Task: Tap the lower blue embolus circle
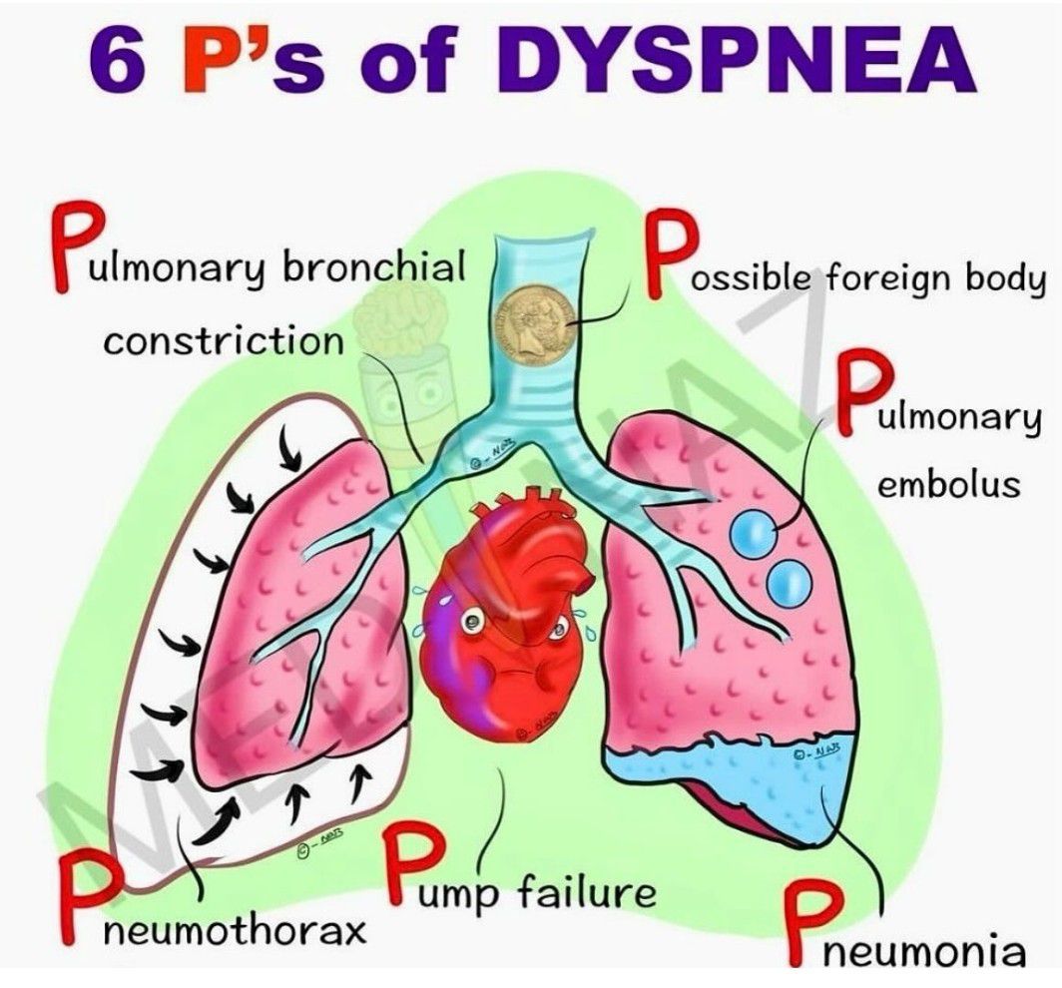(x=788, y=582)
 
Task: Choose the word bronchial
(x=374, y=266)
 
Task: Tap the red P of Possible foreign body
(x=671, y=253)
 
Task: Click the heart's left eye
(x=469, y=621)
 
